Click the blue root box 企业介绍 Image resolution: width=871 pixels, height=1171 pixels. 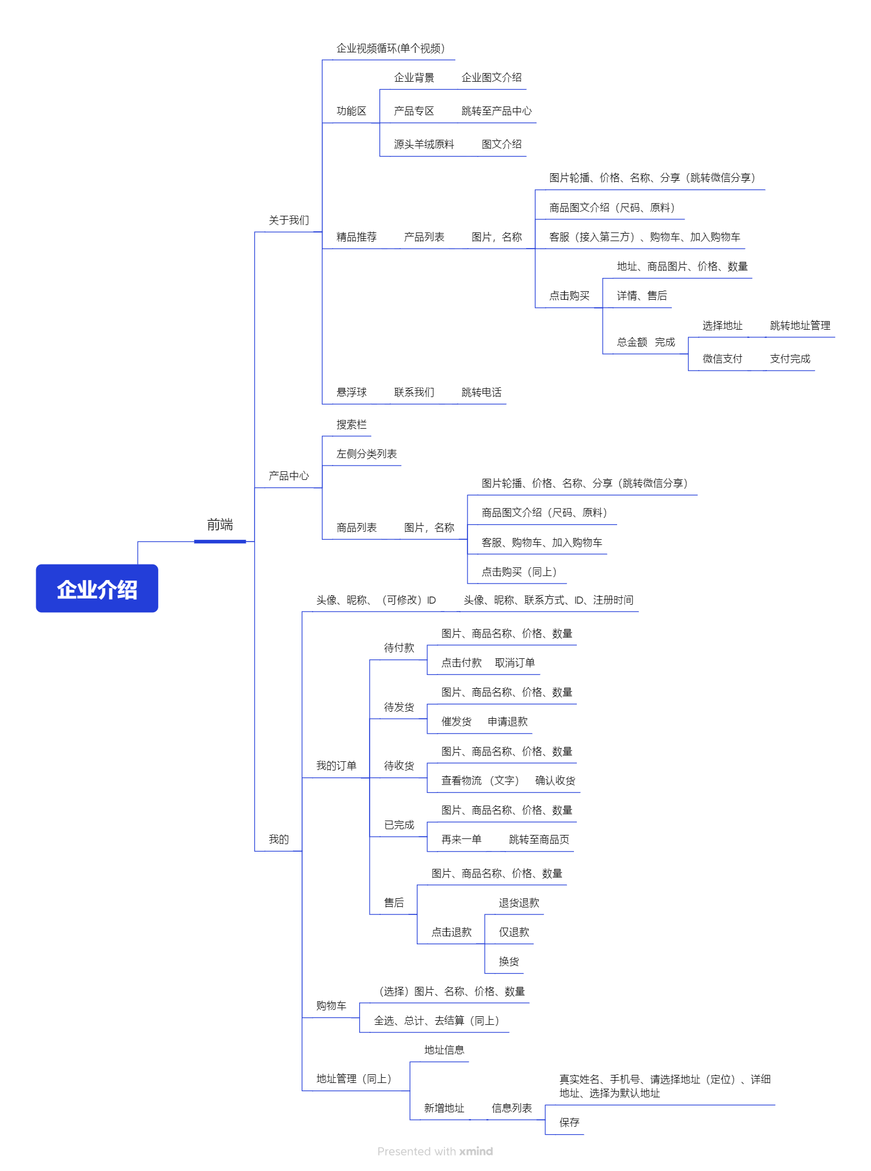point(97,589)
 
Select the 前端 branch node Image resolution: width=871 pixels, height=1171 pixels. point(220,525)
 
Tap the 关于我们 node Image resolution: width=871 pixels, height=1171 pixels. point(288,220)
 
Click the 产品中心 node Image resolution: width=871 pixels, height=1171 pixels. point(288,476)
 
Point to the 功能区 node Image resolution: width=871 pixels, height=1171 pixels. point(351,111)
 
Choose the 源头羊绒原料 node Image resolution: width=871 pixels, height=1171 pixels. point(424,144)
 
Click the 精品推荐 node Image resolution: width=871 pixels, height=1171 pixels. point(356,237)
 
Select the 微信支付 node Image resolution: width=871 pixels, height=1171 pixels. point(722,359)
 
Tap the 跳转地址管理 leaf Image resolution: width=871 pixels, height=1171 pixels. point(800,326)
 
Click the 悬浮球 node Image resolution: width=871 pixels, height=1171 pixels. point(351,392)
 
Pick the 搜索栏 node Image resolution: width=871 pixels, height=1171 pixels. point(351,425)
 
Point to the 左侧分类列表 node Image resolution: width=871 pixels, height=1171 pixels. point(367,454)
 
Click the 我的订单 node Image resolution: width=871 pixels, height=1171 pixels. point(336,766)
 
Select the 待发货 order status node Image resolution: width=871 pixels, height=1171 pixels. point(399,707)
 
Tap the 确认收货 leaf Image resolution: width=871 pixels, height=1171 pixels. point(555,781)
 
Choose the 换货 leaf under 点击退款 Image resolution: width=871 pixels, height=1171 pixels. point(509,962)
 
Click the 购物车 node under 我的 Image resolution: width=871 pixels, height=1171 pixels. point(331,1006)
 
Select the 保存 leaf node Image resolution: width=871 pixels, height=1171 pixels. point(569,1123)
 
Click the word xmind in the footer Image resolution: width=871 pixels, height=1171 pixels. point(476,1151)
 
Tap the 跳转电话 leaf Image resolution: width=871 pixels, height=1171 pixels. point(481,392)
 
